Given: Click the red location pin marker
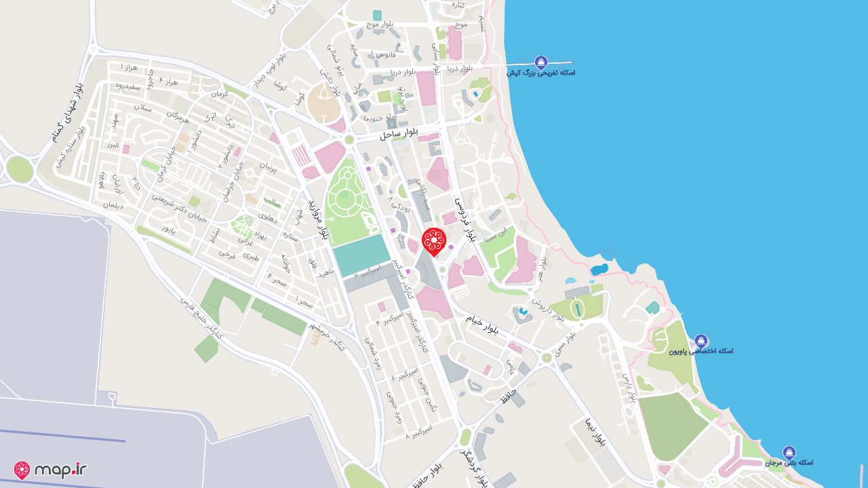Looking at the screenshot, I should pos(433,241).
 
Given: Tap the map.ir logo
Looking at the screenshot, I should pos(50,470).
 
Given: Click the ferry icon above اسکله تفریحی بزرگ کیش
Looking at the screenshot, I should pos(540,62).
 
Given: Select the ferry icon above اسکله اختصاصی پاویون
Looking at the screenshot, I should pos(701,341).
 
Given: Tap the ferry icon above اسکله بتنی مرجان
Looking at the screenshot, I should pos(789,453).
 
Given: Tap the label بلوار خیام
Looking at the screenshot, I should pos(481,323).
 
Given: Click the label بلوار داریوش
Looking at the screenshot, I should pos(547,309).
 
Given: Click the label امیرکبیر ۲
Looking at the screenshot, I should pos(368,272).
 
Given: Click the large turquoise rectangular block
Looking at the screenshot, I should pos(361,256).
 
